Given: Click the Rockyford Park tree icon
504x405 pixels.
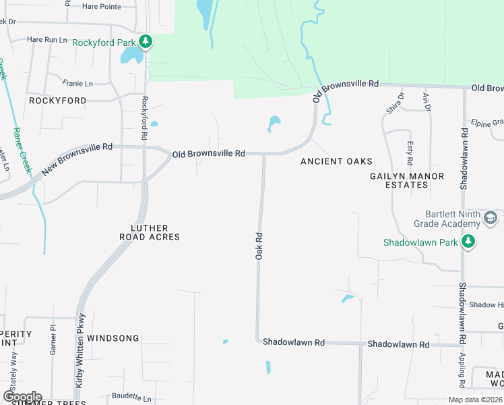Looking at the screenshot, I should point(146,43).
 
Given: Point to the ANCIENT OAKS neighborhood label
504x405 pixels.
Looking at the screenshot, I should point(336,161).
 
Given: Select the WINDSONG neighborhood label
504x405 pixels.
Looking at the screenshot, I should point(113,338).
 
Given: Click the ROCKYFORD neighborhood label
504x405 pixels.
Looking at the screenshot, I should point(58,101).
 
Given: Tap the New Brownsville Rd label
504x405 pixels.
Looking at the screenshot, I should point(73,159).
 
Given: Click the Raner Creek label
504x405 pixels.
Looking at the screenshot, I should point(22,151).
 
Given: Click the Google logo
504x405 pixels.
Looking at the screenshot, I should point(22,397).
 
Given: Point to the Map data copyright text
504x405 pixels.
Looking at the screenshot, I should point(475,400).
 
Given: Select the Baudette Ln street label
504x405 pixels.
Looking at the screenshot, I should point(131,396).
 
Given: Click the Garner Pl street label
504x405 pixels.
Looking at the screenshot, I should point(52,339).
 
